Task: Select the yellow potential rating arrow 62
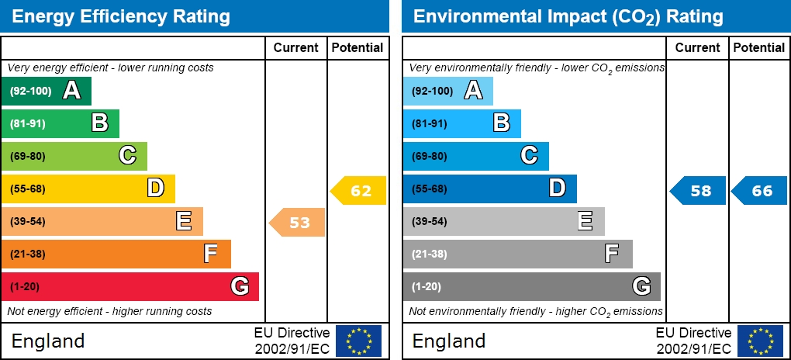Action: (x=359, y=191)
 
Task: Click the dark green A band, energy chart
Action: (x=47, y=91)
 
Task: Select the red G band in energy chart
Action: (x=130, y=286)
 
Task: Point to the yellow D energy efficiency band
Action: (x=88, y=189)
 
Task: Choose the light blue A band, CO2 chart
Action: (x=447, y=91)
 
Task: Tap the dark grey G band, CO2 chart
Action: (x=531, y=286)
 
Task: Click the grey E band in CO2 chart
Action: (x=503, y=221)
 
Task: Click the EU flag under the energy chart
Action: (x=358, y=341)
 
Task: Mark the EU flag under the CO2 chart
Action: (x=760, y=341)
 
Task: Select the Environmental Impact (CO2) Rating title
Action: (x=568, y=16)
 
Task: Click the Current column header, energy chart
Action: (x=296, y=47)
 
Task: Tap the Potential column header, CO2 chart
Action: (x=758, y=47)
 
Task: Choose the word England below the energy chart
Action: (x=48, y=341)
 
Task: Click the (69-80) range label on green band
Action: (x=28, y=156)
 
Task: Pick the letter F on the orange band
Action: (x=210, y=254)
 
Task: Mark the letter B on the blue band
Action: (x=502, y=123)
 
